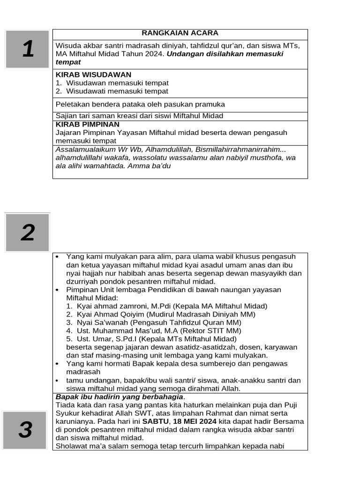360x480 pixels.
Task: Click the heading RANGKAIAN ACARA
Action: [180, 33]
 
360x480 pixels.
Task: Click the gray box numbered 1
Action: [28, 49]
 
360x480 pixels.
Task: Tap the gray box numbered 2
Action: [28, 232]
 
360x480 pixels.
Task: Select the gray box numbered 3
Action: [25, 430]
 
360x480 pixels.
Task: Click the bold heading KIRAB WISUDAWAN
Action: [93, 75]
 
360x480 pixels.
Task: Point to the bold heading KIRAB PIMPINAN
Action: [87, 125]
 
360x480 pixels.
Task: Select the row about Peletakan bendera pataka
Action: [140, 104]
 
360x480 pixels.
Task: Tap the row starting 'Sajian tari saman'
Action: [139, 116]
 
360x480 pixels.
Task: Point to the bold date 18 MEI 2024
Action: [192, 421]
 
